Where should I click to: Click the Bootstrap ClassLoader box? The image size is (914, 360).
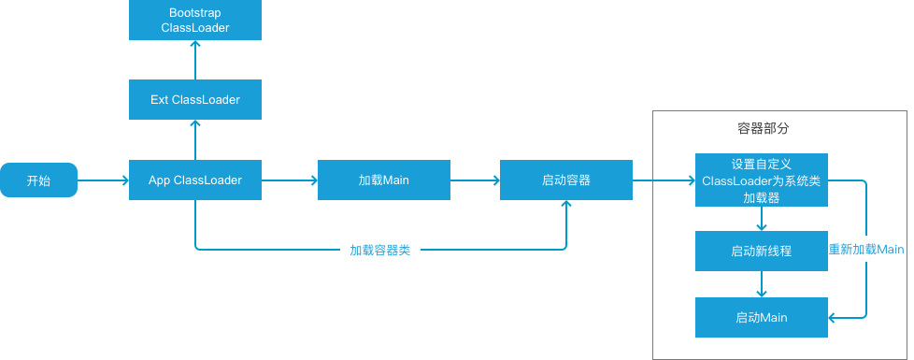tap(195, 21)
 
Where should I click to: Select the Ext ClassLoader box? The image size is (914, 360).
tap(195, 99)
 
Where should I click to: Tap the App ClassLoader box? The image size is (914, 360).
tap(195, 180)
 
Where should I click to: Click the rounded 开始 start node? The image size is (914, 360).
tap(38, 180)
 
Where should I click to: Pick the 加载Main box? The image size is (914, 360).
tap(384, 180)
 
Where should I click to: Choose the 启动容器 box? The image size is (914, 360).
tap(566, 180)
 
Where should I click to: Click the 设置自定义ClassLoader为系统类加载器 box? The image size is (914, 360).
tap(762, 180)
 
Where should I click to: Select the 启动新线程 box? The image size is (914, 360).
tap(762, 251)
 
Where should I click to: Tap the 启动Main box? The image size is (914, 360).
tap(762, 318)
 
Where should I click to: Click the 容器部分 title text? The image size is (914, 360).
tap(764, 127)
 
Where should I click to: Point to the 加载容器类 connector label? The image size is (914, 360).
tap(380, 251)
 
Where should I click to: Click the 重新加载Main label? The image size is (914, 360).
tap(866, 250)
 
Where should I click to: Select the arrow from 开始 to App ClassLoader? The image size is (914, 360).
tap(103, 180)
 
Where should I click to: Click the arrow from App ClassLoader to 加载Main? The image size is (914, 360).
tap(290, 180)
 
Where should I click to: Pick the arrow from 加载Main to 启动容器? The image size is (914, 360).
tap(475, 180)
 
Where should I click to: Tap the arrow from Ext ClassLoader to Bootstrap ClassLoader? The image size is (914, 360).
tap(195, 60)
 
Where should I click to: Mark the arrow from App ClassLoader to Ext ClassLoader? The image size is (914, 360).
tap(195, 139)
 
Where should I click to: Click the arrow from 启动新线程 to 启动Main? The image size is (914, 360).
tap(762, 284)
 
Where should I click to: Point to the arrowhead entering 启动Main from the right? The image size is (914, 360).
tap(835, 318)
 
